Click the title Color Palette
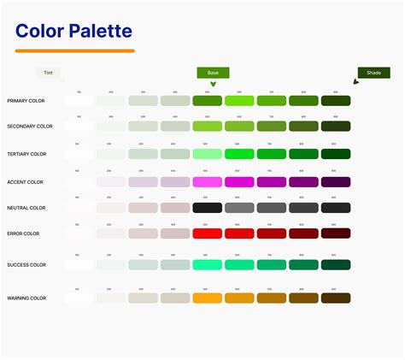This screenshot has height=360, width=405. [73, 32]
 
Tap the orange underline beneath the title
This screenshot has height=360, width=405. [75, 51]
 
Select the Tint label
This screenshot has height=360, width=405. [50, 74]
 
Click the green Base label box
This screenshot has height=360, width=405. [213, 73]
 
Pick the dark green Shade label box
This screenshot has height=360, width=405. [373, 73]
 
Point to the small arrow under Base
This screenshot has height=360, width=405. [213, 84]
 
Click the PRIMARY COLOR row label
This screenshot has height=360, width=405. [26, 101]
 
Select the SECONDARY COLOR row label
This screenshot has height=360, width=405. [29, 126]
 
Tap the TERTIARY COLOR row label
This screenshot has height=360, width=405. [26, 154]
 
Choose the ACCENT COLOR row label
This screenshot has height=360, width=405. [25, 182]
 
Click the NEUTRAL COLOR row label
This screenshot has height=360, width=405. [26, 208]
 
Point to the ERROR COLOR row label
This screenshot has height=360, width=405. [23, 233]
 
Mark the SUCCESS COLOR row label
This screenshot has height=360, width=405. [26, 265]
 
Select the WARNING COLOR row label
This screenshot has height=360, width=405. [26, 298]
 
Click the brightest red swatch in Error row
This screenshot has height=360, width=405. [207, 233]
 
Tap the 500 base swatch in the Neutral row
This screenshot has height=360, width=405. [207, 208]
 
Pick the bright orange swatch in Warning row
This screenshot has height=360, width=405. [207, 298]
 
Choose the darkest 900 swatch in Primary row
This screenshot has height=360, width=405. [335, 101]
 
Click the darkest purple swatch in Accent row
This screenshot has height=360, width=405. [335, 182]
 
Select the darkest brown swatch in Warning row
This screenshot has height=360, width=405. [335, 298]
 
